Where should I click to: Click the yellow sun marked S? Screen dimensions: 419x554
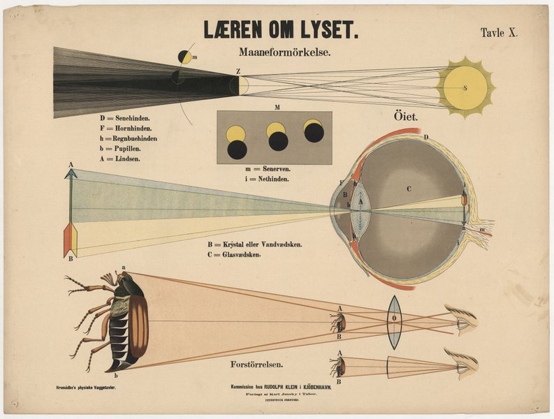465,88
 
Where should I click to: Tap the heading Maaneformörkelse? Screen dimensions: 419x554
284,52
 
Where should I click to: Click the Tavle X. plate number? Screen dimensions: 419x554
499,33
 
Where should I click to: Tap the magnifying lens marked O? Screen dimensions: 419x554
394,322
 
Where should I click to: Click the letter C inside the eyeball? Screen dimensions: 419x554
410,188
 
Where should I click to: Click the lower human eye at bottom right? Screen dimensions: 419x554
463,364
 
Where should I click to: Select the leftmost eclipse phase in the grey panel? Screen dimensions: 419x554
237,142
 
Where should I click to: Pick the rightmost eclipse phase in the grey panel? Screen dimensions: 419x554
314,131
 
